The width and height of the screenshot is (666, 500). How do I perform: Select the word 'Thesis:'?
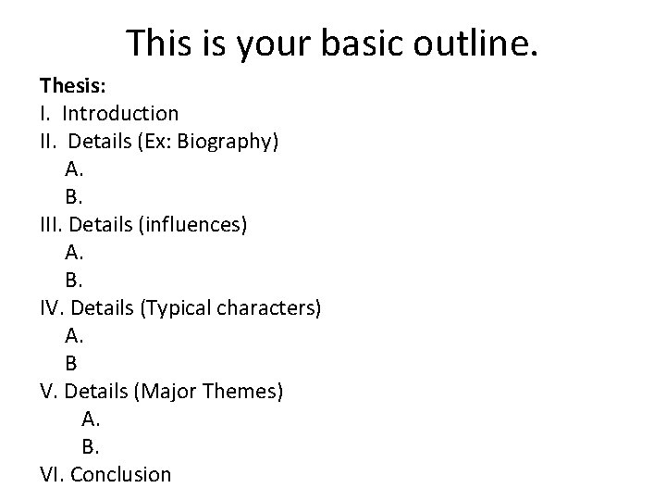73,86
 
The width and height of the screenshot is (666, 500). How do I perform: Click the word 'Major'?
164,392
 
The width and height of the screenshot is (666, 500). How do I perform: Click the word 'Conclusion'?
120,475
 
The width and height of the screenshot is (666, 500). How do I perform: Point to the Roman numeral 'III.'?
52,225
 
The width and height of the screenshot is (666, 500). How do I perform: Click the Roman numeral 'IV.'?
52,308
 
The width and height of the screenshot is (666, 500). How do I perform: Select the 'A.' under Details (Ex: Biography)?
75,169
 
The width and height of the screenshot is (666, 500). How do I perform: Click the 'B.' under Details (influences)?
74,281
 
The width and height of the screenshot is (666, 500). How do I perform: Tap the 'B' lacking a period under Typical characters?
71,364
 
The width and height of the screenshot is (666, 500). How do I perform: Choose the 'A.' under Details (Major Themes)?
91,419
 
